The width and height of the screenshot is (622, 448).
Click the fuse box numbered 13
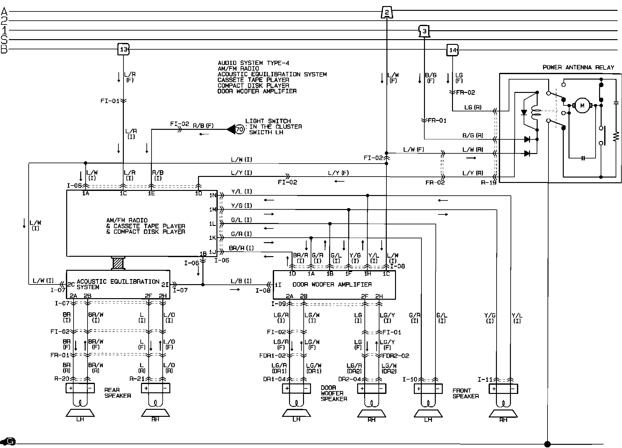124,49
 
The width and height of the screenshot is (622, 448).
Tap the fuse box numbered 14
453,50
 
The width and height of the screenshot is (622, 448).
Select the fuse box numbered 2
386,13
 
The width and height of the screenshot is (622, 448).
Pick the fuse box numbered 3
424,31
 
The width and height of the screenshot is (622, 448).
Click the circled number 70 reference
240,129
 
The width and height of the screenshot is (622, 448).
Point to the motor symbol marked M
582,106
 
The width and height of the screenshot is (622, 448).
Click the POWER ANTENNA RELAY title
578,67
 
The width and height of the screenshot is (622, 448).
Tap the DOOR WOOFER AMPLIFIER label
332,284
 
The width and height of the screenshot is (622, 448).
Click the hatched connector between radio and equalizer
118,263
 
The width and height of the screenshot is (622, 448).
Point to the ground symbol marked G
10,441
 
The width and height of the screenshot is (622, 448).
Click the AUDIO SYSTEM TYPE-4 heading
253,63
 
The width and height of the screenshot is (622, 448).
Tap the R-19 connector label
489,183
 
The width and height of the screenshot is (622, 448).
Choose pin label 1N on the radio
213,195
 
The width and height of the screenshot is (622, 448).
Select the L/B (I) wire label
241,281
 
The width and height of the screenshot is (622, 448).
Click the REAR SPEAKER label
117,393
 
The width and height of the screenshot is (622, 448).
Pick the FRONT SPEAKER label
465,393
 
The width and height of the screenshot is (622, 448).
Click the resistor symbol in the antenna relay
616,136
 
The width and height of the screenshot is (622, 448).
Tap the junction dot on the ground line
548,444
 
